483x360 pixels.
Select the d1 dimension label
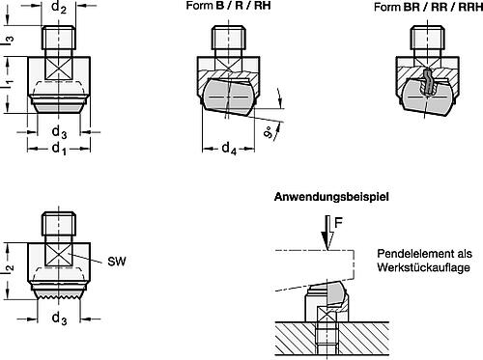60,153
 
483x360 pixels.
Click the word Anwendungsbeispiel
329,198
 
